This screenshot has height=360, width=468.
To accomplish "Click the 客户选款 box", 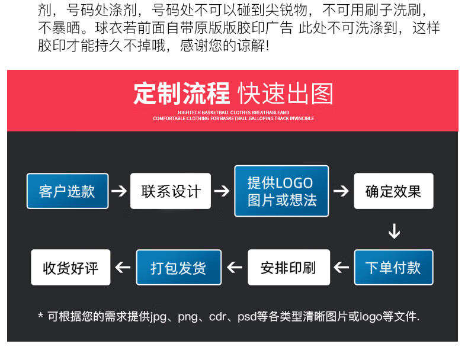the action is click(x=68, y=191).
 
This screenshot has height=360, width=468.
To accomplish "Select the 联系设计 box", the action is click(x=171, y=191).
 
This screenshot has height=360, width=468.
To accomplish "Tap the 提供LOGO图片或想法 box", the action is click(x=281, y=191).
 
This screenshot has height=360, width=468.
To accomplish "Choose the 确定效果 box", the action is click(x=393, y=191).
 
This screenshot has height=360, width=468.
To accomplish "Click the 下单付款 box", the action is click(x=393, y=267).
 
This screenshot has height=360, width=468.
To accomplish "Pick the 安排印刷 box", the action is click(x=289, y=267).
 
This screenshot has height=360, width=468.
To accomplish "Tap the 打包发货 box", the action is click(x=179, y=267).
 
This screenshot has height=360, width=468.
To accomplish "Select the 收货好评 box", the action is click(x=70, y=267).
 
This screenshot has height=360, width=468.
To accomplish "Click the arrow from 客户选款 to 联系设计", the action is click(x=119, y=191).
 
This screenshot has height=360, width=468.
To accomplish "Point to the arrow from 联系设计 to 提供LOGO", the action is click(x=222, y=191).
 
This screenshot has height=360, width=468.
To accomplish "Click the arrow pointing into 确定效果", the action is click(x=341, y=191).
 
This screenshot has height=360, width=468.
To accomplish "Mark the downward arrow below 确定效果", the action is click(x=395, y=231).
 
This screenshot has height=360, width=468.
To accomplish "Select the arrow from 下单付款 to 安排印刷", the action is click(x=341, y=267).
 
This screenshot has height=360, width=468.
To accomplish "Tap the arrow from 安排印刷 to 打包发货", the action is click(x=235, y=267).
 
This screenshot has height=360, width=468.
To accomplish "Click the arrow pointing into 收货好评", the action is click(x=123, y=267).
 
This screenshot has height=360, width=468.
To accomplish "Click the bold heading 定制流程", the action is click(x=181, y=94).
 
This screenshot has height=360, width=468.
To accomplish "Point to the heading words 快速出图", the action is click(x=286, y=94).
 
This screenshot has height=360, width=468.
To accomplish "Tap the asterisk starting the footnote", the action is click(x=41, y=316).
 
